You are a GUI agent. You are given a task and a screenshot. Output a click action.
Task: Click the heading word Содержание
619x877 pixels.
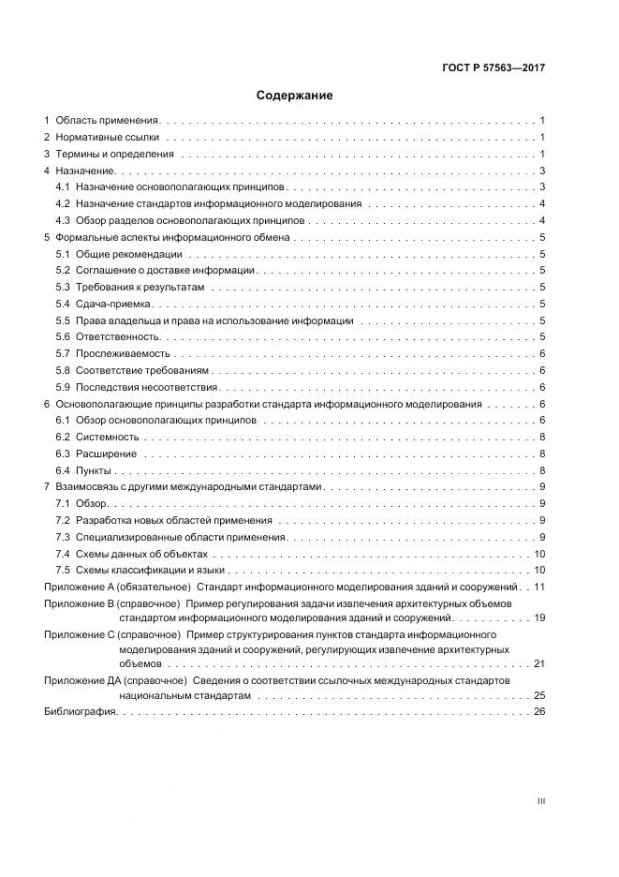click(294, 96)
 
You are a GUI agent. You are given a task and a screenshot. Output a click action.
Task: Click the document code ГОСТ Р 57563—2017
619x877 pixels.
click(493, 68)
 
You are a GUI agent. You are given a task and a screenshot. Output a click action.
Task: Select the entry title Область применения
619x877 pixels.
click(108, 121)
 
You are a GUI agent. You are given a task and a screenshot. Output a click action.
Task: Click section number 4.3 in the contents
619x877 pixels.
click(63, 220)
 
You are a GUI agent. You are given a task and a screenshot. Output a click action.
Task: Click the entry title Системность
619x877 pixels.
click(107, 438)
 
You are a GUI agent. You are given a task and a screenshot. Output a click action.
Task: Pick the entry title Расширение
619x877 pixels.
click(106, 454)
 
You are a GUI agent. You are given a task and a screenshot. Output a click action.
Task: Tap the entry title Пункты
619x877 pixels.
click(94, 470)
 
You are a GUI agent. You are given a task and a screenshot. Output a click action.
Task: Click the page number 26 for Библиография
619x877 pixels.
click(539, 713)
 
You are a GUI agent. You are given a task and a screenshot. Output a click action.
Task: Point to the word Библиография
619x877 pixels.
click(80, 713)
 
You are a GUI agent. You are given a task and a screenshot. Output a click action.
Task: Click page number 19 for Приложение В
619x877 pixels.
click(539, 619)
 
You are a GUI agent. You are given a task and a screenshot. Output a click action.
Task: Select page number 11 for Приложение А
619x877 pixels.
click(539, 587)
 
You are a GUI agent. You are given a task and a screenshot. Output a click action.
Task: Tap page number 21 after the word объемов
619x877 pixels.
click(539, 663)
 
